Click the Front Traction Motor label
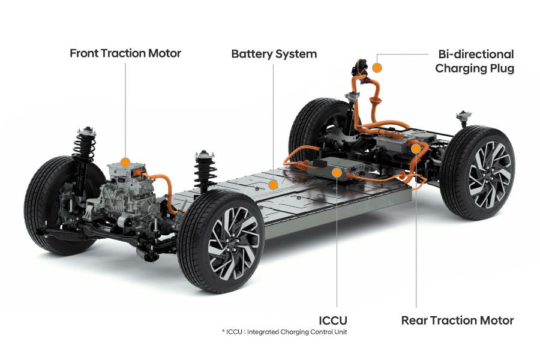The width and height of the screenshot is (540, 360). pyautogui.click(x=125, y=53)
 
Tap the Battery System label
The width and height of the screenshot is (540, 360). pyautogui.click(x=274, y=54)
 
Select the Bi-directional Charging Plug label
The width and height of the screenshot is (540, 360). pyautogui.click(x=474, y=61)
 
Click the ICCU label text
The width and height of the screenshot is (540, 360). pyautogui.click(x=334, y=320)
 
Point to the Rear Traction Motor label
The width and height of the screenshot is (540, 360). pyautogui.click(x=457, y=320)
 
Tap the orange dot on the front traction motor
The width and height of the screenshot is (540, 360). pyautogui.click(x=125, y=161)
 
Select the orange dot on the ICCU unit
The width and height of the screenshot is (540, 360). pyautogui.click(x=337, y=173)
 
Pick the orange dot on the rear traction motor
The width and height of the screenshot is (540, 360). pyautogui.click(x=415, y=148)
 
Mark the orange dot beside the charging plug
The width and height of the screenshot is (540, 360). pyautogui.click(x=377, y=67)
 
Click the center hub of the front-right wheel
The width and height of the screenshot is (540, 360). pyautogui.click(x=233, y=244)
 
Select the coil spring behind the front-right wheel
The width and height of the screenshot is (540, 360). pyautogui.click(x=205, y=171)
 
